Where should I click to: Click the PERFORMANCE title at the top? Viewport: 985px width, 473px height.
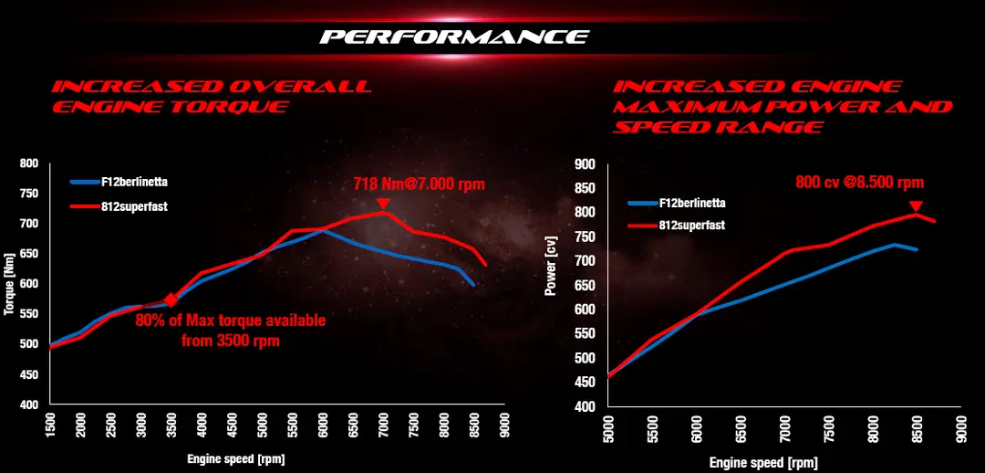coord(453,37)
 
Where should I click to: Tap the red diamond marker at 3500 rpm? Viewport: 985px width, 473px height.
coord(171,300)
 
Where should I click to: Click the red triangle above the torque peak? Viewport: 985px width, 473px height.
coord(382,204)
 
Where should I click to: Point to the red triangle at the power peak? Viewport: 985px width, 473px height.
coord(916,207)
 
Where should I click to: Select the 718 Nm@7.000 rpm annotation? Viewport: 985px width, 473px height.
coord(420,185)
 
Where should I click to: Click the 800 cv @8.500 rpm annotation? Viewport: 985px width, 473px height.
coord(860,183)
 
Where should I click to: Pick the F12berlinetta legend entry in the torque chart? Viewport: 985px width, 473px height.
coord(119,183)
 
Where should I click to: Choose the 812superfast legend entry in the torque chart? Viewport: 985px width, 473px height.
coord(119,205)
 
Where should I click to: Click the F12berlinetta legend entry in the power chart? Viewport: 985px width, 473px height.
coord(677,203)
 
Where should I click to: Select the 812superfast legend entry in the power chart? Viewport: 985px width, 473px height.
coord(677,226)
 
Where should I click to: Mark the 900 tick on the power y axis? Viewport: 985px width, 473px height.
coord(586,164)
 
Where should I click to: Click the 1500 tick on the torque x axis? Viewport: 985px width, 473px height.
coord(49,425)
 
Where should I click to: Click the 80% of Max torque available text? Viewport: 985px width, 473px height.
coord(231,321)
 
